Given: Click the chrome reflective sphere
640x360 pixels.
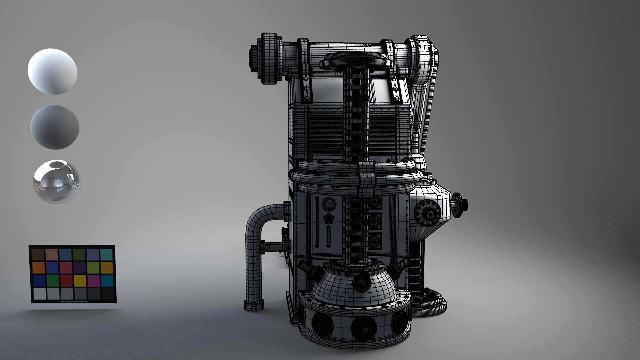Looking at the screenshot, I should pyautogui.click(x=57, y=182).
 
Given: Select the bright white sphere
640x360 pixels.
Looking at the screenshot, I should pyautogui.click(x=52, y=71).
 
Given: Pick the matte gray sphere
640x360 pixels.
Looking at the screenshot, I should pyautogui.click(x=55, y=127).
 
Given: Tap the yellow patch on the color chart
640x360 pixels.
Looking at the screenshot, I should pyautogui.click(x=79, y=281).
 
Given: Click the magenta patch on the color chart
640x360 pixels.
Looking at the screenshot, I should pyautogui.click(x=93, y=281).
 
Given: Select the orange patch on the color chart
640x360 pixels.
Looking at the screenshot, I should pyautogui.click(x=38, y=268).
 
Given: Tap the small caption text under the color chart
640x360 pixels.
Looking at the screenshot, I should pyautogui.click(x=73, y=301).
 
